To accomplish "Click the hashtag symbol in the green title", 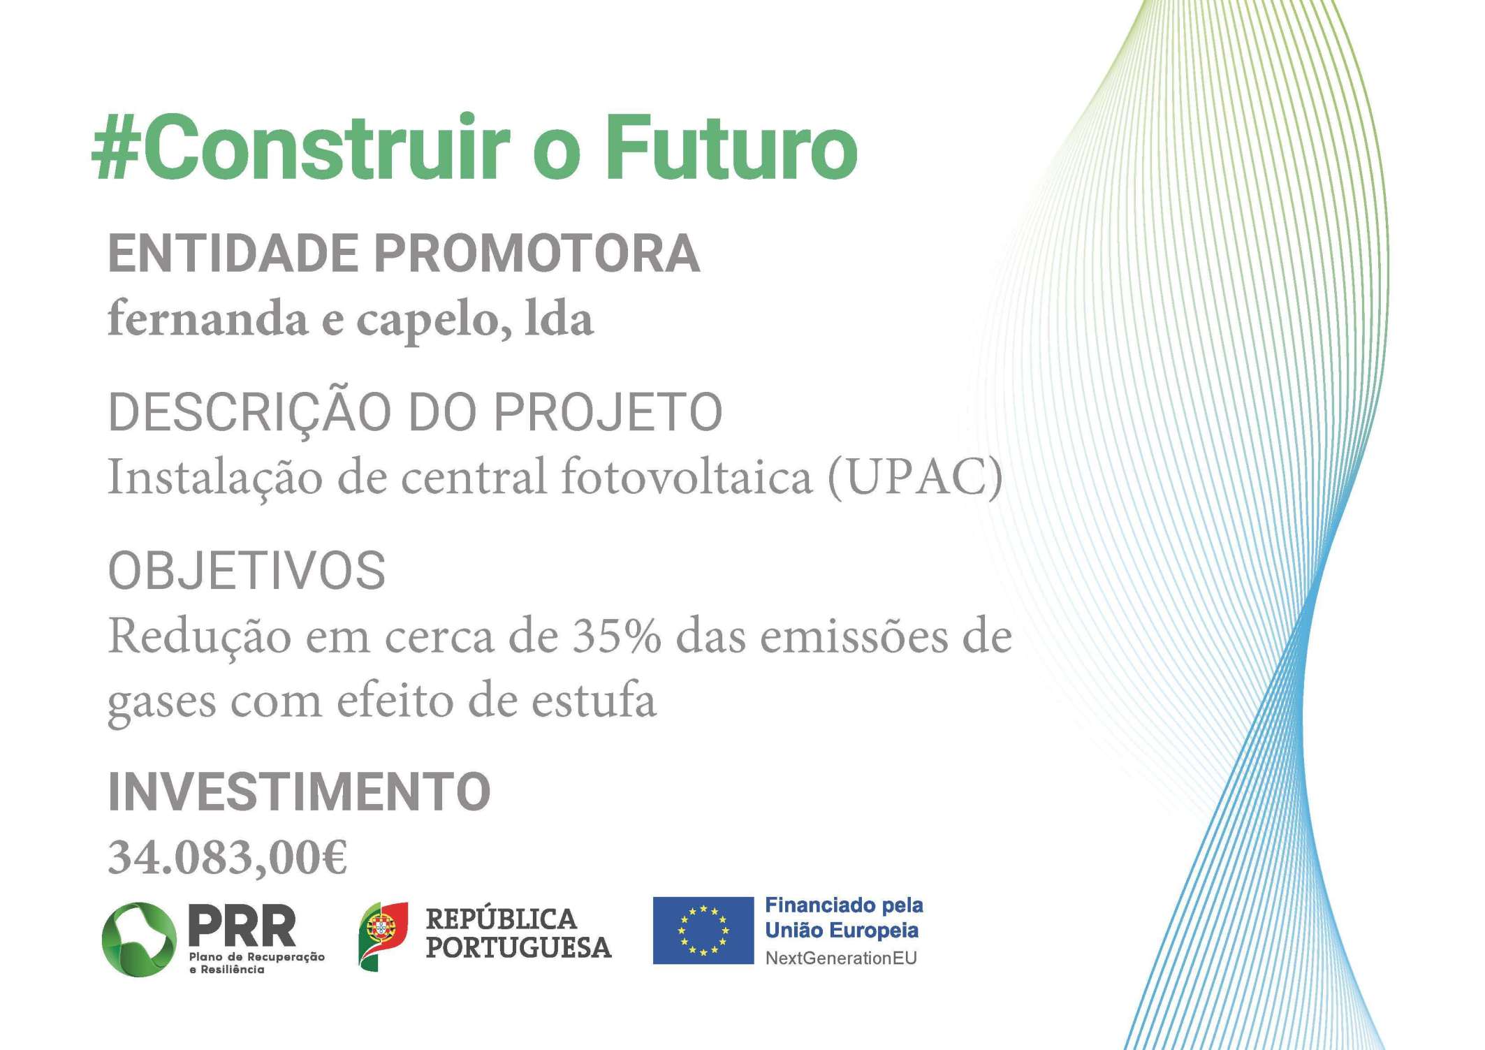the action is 116,147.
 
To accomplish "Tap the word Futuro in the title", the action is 731,147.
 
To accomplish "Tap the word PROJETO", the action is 608,411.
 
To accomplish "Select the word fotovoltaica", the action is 686,476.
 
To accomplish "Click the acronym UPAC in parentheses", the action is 915,477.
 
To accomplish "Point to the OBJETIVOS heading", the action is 247,570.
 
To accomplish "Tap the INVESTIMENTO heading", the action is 300,792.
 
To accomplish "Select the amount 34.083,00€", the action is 228,857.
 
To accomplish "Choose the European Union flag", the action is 703,930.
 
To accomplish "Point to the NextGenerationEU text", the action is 841,958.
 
